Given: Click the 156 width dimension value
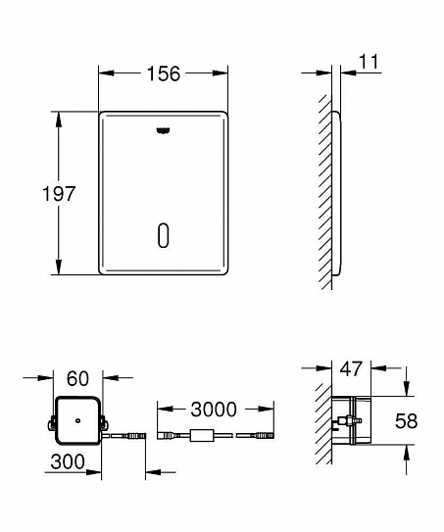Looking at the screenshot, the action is pos(164,73).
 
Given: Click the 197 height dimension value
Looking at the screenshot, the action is pos(59,194).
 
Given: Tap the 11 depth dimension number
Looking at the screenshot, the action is pos(369,62).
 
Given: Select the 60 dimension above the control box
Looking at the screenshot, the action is pos(77,378).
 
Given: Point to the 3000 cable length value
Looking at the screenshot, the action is pos(214,410).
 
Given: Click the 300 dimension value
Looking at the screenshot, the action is pos(68,461).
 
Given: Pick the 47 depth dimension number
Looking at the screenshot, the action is pos(351,368).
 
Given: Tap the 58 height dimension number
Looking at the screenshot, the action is pos(406,421).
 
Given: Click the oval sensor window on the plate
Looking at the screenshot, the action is pos(164,235).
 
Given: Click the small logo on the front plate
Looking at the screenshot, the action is pos(164,130).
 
